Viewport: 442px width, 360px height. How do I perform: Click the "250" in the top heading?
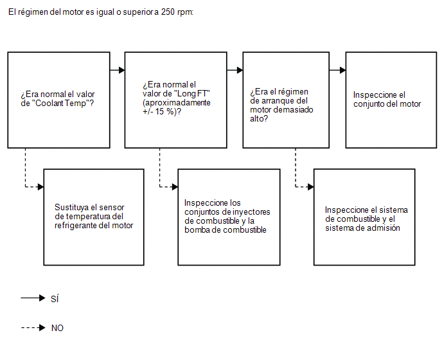(x=168, y=12)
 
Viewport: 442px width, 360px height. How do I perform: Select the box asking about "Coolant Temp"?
(x=58, y=100)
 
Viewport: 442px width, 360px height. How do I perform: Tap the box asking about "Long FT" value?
(x=175, y=100)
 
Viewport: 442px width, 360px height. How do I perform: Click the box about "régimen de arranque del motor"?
(x=286, y=100)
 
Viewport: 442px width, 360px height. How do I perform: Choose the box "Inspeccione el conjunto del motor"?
(x=391, y=100)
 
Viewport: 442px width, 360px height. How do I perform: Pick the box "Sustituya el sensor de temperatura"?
(x=94, y=217)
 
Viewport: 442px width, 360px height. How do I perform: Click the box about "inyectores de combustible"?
(x=229, y=217)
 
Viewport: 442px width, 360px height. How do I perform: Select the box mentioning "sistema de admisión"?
(x=364, y=217)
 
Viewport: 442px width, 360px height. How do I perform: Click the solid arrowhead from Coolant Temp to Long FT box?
(x=122, y=70)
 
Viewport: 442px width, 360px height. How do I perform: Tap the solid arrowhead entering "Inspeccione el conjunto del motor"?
(x=343, y=70)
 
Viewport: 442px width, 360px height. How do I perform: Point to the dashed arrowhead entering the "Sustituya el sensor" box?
(x=40, y=187)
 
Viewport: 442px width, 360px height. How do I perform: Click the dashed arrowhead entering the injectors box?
(x=175, y=187)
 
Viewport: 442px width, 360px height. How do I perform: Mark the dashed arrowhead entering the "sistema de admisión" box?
(x=311, y=187)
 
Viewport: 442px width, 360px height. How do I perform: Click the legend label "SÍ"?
(x=55, y=298)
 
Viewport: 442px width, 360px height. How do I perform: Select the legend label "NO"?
(x=57, y=328)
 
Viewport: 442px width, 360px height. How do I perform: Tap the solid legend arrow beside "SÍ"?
(x=33, y=298)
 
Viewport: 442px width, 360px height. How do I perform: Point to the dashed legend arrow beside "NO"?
(x=33, y=328)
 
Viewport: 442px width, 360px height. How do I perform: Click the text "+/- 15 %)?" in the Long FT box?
(x=162, y=112)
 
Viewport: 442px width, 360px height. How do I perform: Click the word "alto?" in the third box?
(x=259, y=119)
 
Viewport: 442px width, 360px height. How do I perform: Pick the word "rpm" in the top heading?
(x=185, y=13)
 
